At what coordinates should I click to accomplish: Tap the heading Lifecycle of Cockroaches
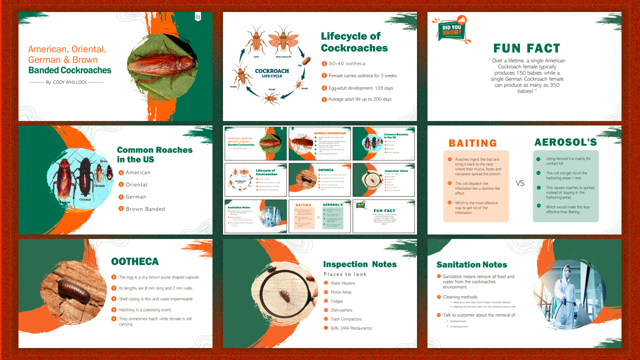coord(354,42)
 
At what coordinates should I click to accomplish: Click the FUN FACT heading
coord(526,48)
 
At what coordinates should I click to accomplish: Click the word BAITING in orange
coord(472,143)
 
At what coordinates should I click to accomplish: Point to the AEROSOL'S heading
coord(565,142)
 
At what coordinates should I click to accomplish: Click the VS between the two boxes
coord(520,183)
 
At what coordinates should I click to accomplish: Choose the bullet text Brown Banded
coord(145,209)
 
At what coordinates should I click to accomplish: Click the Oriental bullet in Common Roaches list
coord(136,184)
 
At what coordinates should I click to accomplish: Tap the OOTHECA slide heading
coord(135,261)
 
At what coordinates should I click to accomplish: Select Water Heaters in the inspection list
coord(342,283)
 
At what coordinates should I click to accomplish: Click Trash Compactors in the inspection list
coord(346,319)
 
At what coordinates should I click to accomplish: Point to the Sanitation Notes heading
coord(471,264)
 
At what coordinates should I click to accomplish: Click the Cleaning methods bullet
coord(460,297)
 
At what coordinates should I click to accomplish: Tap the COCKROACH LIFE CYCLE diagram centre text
coord(271,73)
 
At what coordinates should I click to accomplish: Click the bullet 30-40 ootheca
coord(347,63)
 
